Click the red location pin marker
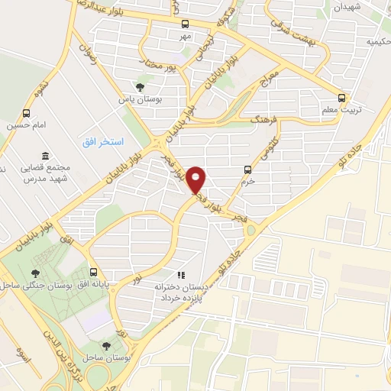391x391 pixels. (196, 179)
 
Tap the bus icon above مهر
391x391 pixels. (184, 24)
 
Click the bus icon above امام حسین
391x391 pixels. (27, 112)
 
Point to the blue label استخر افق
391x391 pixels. (103, 143)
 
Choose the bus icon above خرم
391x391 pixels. (247, 169)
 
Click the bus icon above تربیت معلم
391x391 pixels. (341, 97)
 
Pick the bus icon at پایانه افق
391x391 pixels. (94, 271)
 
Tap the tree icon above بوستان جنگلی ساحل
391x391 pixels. (36, 273)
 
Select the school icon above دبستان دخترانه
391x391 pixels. (181, 274)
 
